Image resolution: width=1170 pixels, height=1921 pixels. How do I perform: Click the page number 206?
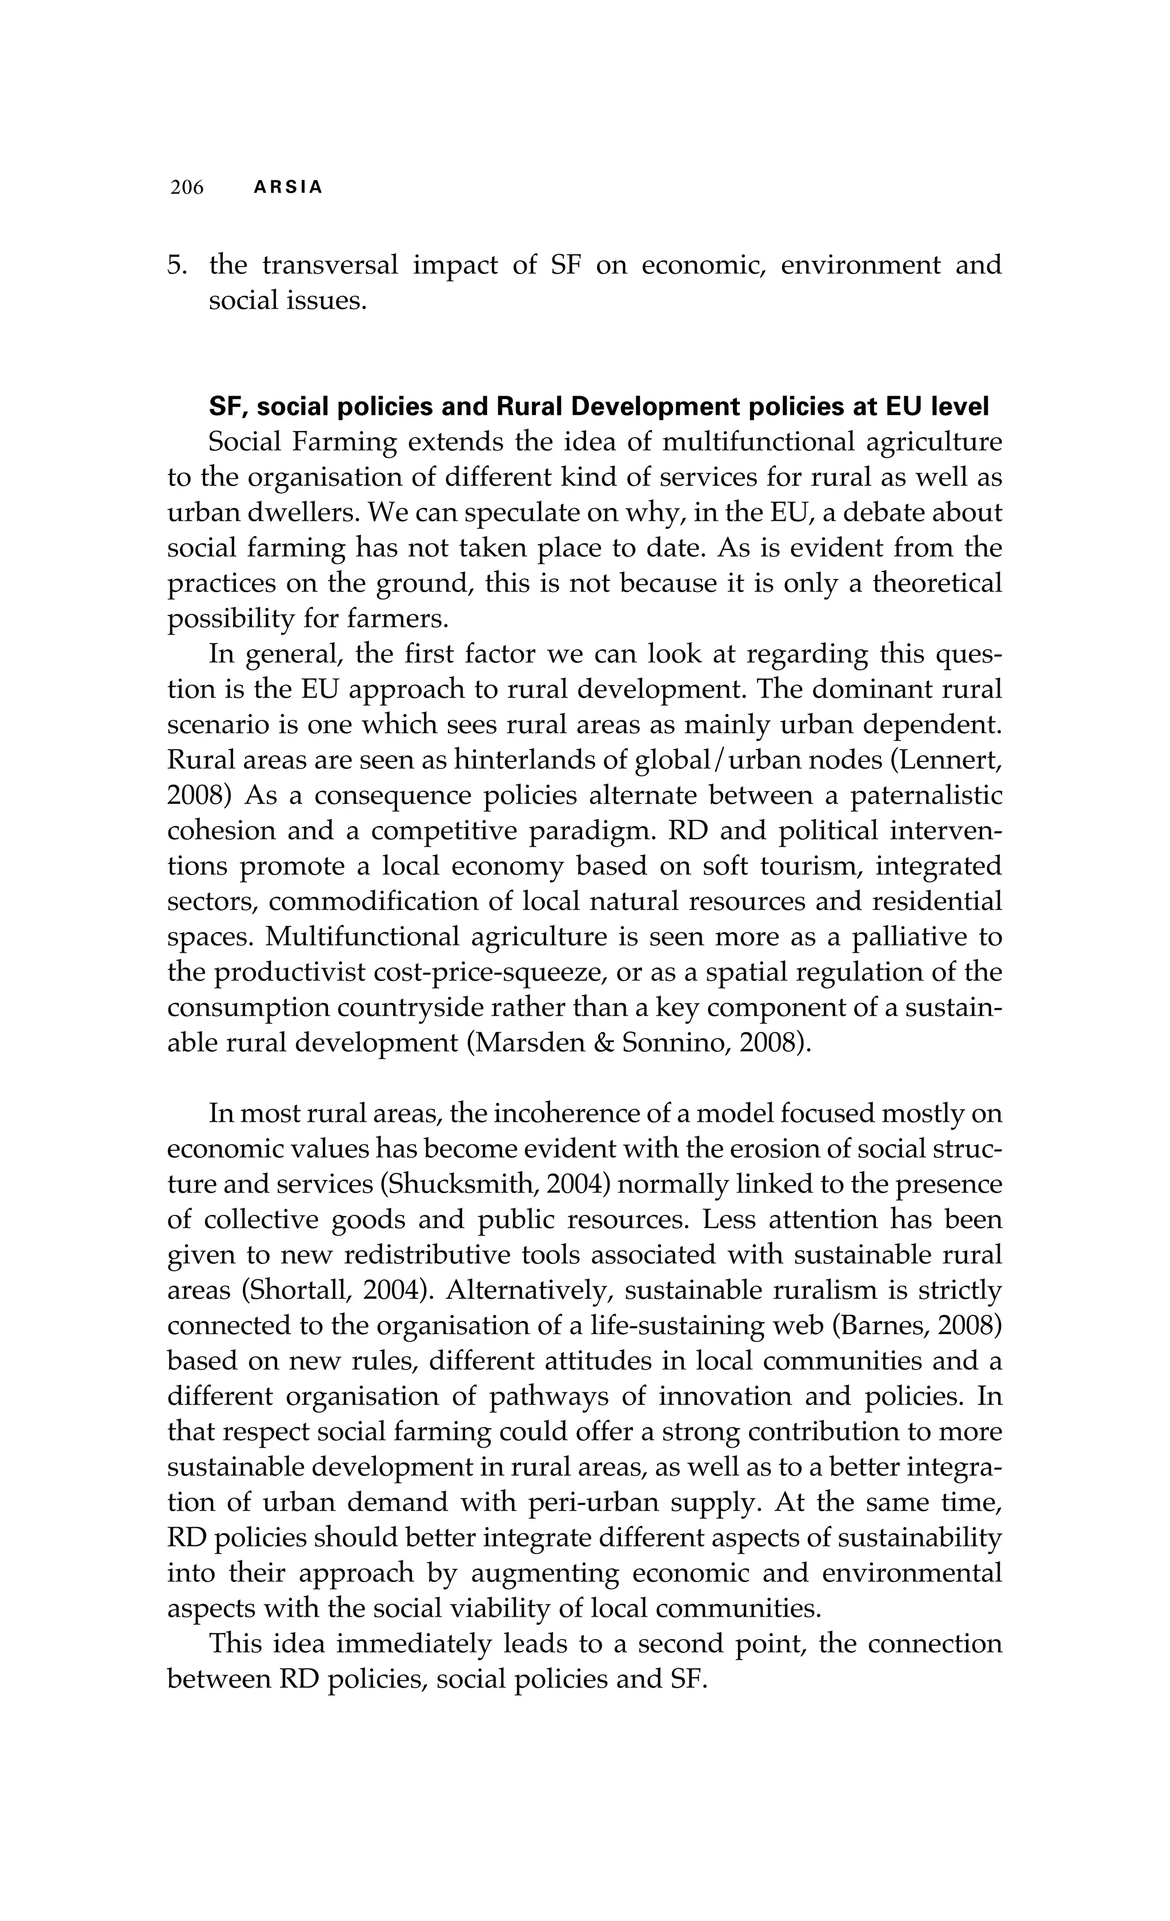pyautogui.click(x=187, y=188)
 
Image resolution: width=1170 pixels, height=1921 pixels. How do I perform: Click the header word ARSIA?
pyautogui.click(x=288, y=188)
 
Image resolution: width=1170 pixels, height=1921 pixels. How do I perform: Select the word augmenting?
pyautogui.click(x=544, y=1573)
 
